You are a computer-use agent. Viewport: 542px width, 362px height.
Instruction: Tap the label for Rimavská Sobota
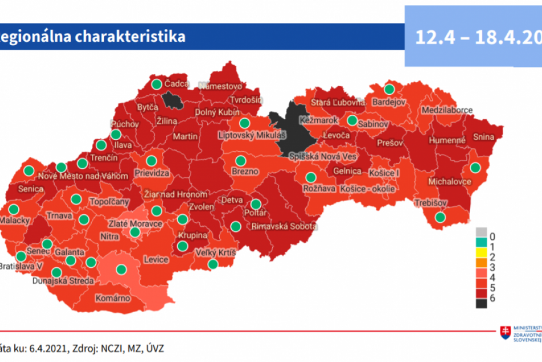click(x=283, y=226)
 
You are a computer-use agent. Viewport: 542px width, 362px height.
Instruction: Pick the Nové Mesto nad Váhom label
click(x=84, y=176)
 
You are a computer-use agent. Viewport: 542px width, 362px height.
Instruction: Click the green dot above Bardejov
click(x=389, y=89)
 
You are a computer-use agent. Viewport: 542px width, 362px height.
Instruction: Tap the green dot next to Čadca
click(x=156, y=85)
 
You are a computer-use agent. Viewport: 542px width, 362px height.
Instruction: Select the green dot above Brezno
click(x=240, y=160)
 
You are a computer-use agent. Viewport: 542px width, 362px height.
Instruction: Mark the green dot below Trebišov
click(x=440, y=217)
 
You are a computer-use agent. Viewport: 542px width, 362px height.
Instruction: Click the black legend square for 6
click(x=481, y=304)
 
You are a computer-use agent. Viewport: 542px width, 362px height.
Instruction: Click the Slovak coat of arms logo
click(x=505, y=332)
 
